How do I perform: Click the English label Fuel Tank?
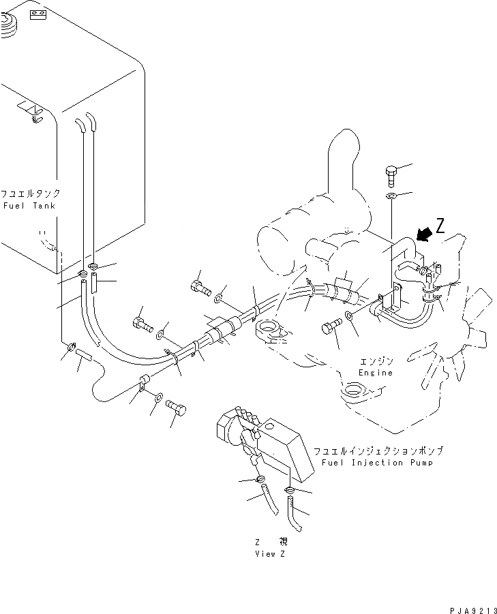pos(30,205)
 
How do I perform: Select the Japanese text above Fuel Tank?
pos(30,194)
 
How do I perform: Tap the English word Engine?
pos(376,373)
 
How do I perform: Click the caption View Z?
pos(270,553)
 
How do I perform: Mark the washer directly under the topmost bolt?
pos(392,196)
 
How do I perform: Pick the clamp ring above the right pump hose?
pos(290,491)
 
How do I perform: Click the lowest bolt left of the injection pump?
pos(176,407)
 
